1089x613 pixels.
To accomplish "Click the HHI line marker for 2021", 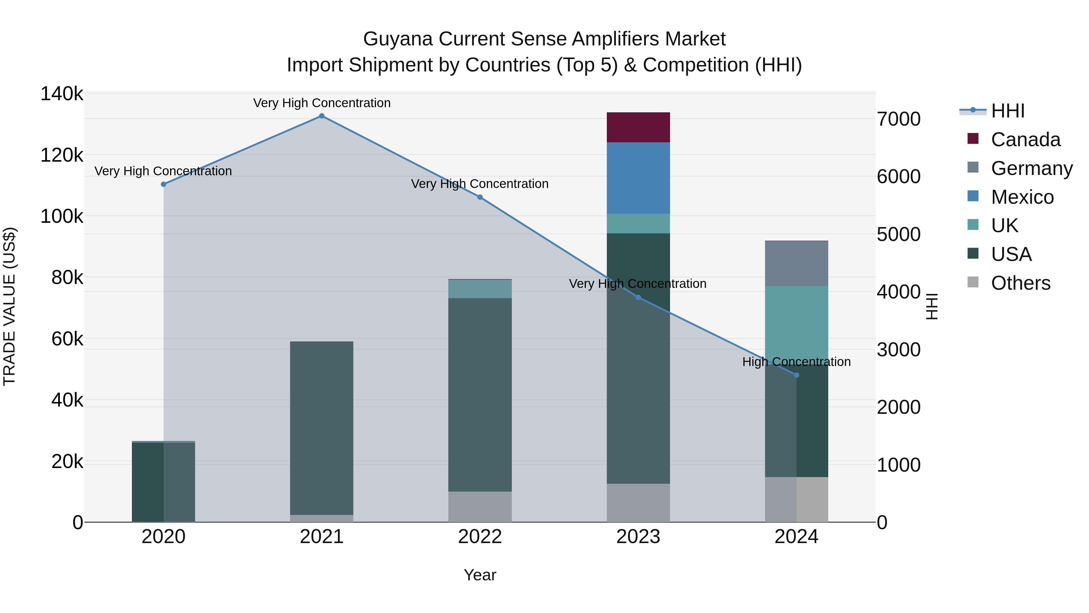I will [322, 116].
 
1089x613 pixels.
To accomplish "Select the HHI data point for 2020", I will [164, 184].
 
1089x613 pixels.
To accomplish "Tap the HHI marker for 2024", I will [796, 375].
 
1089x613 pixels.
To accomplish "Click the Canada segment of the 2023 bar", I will [638, 127].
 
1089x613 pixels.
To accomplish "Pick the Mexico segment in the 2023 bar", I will [638, 178].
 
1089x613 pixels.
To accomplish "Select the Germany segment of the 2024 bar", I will [796, 264].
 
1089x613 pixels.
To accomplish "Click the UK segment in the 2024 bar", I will [796, 321].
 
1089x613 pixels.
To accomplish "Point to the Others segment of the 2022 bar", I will [480, 507].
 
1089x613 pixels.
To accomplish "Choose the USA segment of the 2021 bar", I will [322, 427].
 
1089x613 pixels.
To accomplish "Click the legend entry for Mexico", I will [1022, 197].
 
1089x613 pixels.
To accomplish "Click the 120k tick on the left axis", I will [62, 155].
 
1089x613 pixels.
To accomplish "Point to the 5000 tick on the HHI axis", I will [898, 234].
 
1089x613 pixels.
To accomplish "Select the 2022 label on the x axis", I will [480, 537].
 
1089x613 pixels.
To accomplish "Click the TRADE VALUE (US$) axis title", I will [9, 306].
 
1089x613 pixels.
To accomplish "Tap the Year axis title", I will [480, 575].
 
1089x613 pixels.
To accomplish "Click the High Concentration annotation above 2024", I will [796, 362].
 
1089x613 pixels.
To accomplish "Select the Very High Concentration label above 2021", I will [322, 103].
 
